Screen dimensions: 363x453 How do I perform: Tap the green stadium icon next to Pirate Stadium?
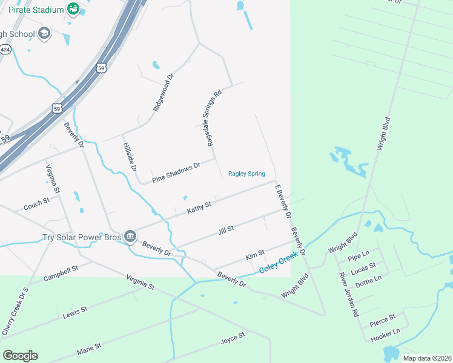[73, 9]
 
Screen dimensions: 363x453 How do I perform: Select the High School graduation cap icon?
[44, 33]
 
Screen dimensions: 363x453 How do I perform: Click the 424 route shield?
[5, 50]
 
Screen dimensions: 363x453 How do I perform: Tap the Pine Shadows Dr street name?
[176, 172]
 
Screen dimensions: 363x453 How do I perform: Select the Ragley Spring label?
[246, 174]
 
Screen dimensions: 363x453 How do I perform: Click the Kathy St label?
[199, 208]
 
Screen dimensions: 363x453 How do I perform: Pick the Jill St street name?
[225, 230]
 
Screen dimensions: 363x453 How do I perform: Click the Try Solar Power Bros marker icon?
[130, 236]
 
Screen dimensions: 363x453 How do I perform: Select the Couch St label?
[36, 204]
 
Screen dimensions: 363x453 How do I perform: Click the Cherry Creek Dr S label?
[15, 312]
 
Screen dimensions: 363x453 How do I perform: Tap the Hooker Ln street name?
[385, 332]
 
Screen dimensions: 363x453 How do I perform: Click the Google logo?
[20, 356]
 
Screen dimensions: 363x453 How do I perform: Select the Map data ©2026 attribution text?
[426, 358]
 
